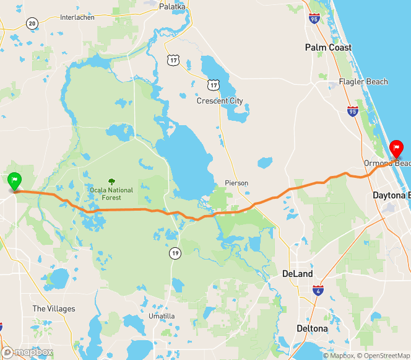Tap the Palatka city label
[172, 6]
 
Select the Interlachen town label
[77, 17]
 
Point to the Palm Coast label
[328, 48]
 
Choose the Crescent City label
[220, 101]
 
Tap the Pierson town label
[236, 183]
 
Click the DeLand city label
[297, 274]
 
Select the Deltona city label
[312, 328]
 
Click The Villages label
[54, 309]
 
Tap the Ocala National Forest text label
[112, 193]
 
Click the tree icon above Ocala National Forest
[112, 182]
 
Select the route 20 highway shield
[32, 24]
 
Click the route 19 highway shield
[176, 253]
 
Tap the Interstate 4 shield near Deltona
[318, 290]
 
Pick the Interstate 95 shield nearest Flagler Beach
[352, 111]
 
